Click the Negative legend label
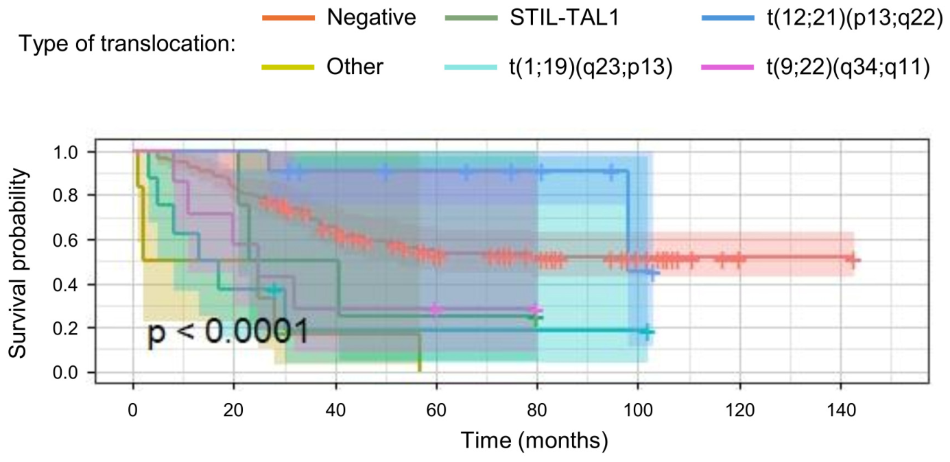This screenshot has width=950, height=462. click(x=372, y=17)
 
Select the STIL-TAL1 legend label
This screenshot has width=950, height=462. click(x=565, y=17)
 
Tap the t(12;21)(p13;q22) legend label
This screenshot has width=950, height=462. click(x=855, y=18)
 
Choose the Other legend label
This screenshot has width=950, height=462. click(x=355, y=66)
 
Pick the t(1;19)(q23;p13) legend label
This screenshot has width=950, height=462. click(x=591, y=67)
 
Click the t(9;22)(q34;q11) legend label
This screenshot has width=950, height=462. click(x=848, y=67)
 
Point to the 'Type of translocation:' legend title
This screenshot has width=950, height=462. click(x=127, y=44)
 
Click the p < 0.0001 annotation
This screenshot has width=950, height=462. click(x=228, y=331)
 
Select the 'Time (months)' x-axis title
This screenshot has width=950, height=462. click(x=534, y=440)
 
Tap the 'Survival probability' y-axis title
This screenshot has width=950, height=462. click(x=19, y=263)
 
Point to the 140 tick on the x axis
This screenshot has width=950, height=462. click(x=841, y=411)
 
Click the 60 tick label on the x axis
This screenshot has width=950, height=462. click(x=436, y=411)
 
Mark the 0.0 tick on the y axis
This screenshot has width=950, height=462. click(x=66, y=373)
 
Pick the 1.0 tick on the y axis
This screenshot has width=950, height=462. click(x=66, y=152)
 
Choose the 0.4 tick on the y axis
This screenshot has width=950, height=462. click(x=66, y=284)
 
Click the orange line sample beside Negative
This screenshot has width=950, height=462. click(x=289, y=18)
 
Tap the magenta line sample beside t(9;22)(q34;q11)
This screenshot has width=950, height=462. click(x=728, y=67)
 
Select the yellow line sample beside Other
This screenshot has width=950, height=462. click(x=288, y=67)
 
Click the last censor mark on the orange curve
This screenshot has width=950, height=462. click(x=853, y=260)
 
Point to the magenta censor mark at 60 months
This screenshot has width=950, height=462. click(x=435, y=309)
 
